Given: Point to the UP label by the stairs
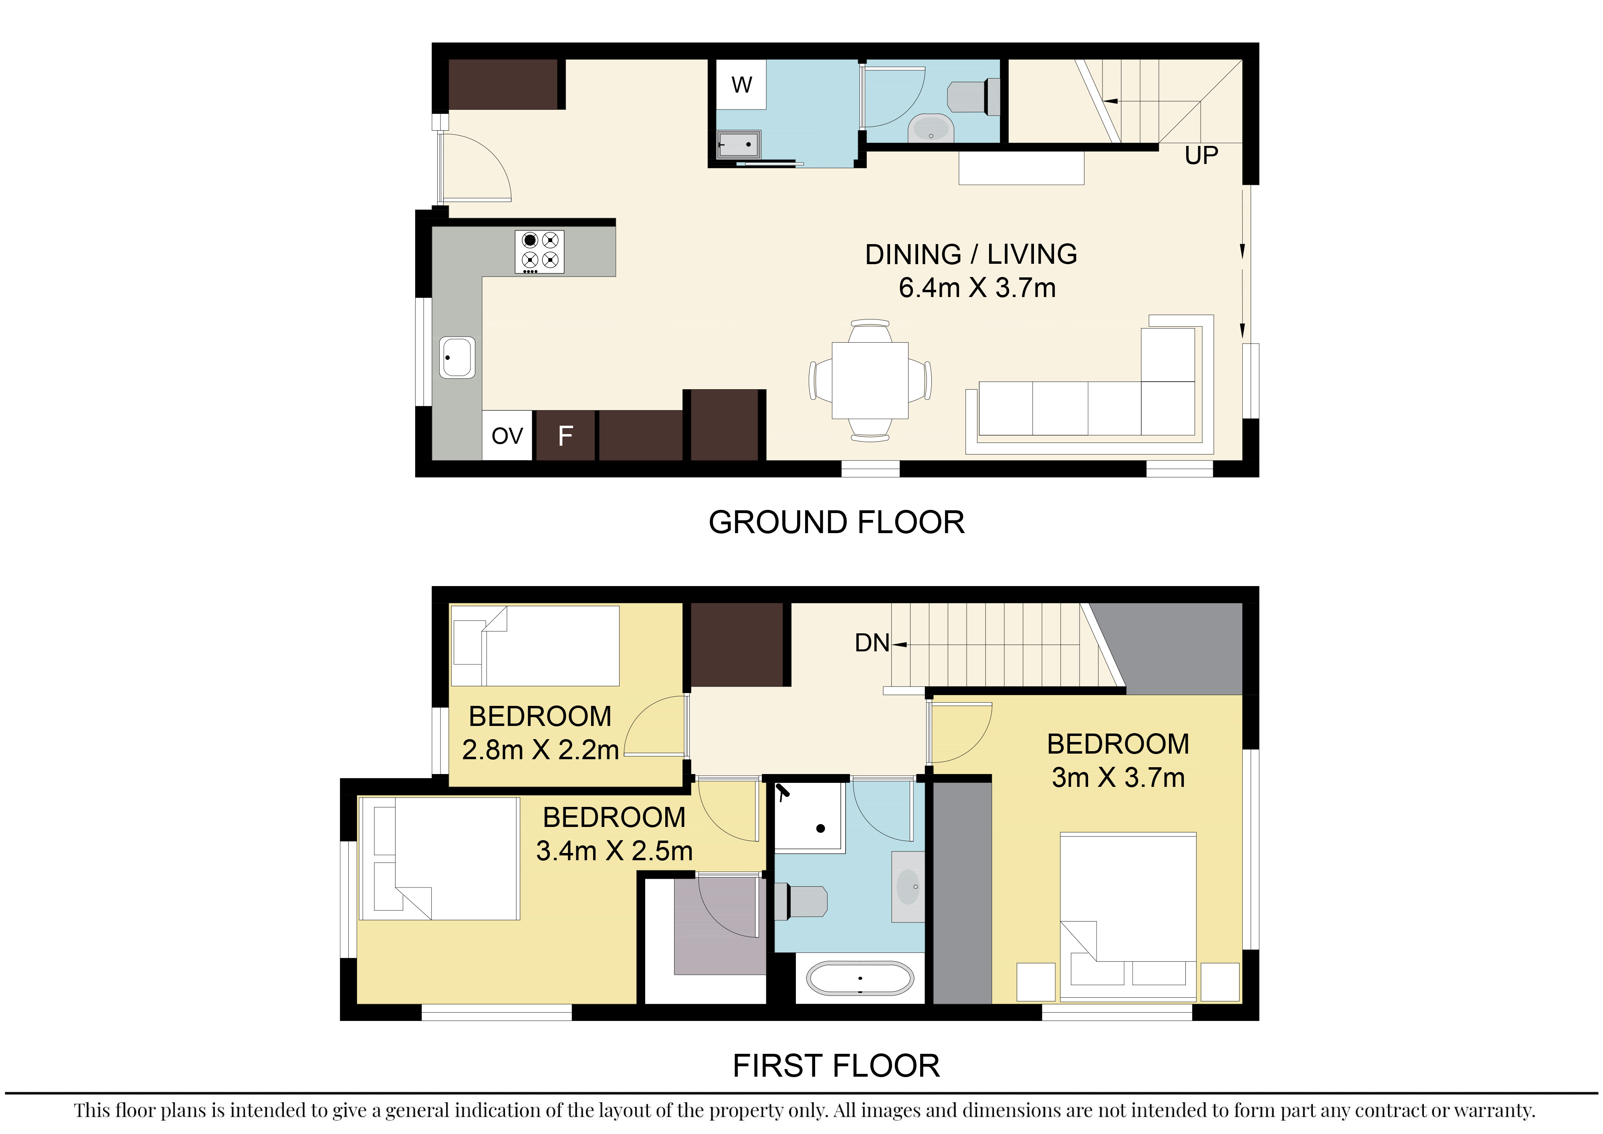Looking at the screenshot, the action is [1201, 155].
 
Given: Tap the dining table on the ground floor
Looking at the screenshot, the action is [870, 380].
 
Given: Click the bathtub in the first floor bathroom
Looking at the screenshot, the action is [860, 978].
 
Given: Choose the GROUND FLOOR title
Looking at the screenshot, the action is [836, 522].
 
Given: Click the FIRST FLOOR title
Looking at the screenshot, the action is [836, 1065].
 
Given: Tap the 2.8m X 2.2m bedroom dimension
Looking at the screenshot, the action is [540, 750].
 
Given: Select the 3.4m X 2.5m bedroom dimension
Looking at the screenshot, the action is [614, 851].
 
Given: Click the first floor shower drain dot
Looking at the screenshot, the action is [821, 829].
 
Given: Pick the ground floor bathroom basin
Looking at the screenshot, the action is [931, 129].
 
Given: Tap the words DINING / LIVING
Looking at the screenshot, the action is [971, 254].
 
